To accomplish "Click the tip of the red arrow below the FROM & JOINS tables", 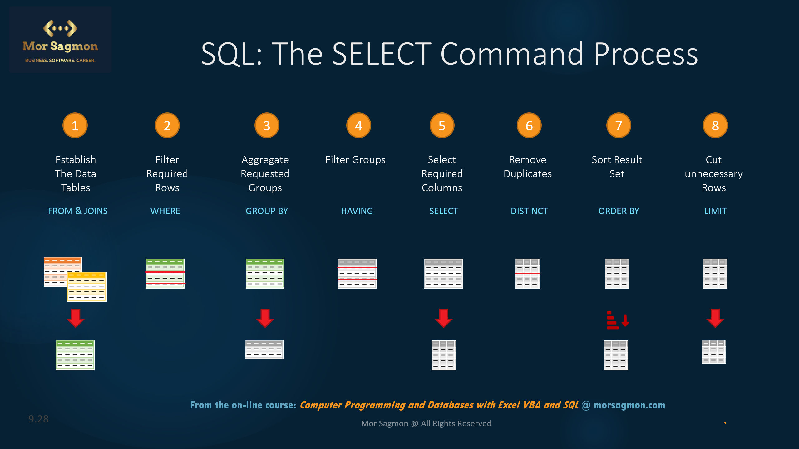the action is tap(76, 327).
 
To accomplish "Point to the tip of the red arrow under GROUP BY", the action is tap(265, 327).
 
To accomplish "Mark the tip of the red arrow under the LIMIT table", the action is tap(715, 327).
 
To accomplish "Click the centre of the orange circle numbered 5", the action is tap(442, 125).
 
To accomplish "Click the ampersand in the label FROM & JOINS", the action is tap(78, 211).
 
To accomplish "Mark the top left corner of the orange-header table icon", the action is tap(44, 257).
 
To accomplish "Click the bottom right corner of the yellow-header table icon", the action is tap(106, 302).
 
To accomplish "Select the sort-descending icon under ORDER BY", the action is tap(617, 320).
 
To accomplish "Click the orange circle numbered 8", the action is tap(715, 125).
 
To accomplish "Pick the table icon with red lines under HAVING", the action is tap(357, 274).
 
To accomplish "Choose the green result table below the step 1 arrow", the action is tap(75, 355).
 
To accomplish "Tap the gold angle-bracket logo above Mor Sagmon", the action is tap(60, 28).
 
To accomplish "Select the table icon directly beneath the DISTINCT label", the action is tap(528, 274).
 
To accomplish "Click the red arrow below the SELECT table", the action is tap(443, 318).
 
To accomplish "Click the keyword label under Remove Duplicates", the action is tap(529, 211).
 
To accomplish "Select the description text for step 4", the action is tap(355, 160).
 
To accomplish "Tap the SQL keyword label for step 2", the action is tap(165, 211).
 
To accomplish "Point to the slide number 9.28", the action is tap(38, 419).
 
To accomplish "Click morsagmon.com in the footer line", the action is tap(629, 405).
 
